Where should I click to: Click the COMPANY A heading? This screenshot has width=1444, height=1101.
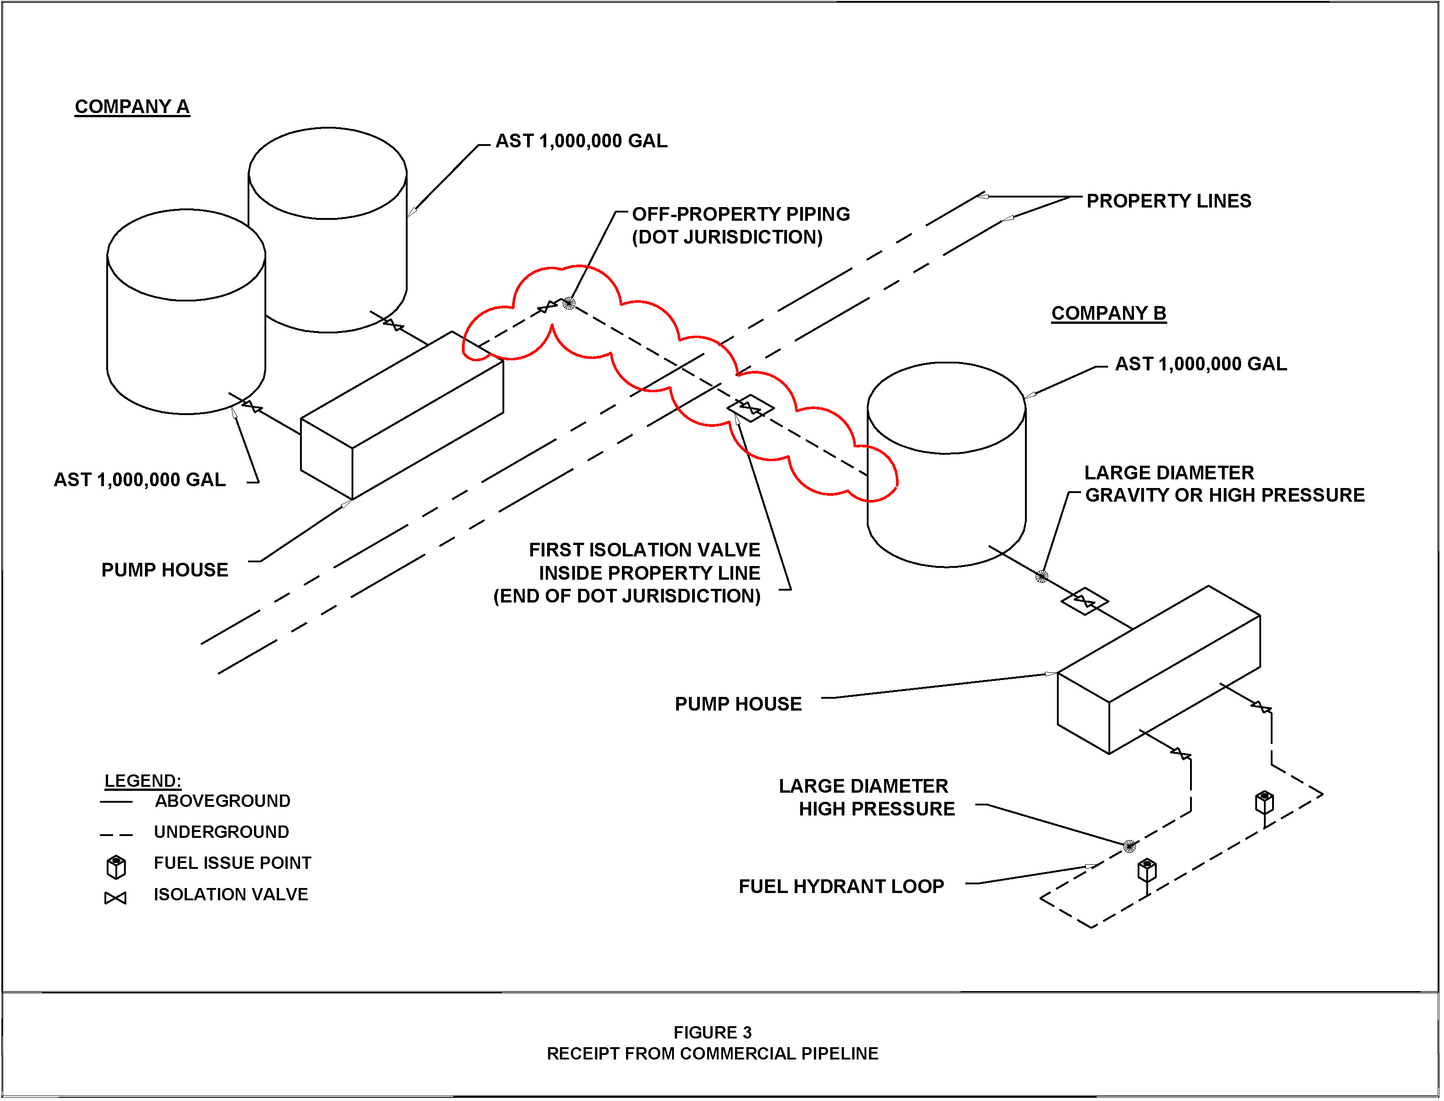pos(132,107)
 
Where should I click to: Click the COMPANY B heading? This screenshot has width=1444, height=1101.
pos(1108,313)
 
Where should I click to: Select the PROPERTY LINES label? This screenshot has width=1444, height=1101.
pos(1168,201)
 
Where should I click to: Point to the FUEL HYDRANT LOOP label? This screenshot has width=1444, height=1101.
pos(841,887)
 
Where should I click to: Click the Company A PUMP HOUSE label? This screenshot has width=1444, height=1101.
pos(165,570)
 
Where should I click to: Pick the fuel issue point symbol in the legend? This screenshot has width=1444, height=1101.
pos(116,867)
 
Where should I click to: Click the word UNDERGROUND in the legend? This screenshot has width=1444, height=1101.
pos(222,832)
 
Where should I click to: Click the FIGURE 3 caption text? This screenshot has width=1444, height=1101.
pos(712,1033)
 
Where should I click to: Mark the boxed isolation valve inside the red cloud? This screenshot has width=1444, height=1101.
pos(750,408)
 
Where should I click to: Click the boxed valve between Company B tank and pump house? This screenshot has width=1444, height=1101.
pos(1084,601)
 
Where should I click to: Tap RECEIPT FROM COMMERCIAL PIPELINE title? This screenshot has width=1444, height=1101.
pos(712,1054)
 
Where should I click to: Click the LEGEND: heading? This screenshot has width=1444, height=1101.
pos(143,780)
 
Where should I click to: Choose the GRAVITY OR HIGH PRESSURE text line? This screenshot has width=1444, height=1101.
pos(1225,495)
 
